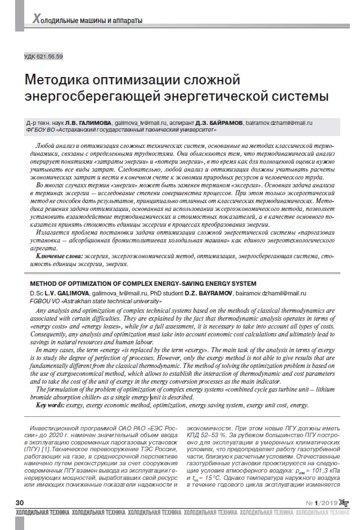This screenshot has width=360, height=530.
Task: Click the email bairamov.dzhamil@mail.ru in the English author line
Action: tap(270, 293)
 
